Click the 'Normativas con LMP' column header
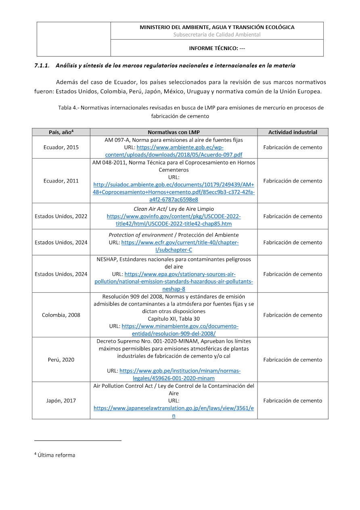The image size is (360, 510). pyautogui.click(x=174, y=132)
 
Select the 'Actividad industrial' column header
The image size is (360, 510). pyautogui.click(x=293, y=132)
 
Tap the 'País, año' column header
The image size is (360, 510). pyautogui.click(x=61, y=132)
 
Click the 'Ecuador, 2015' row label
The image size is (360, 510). pyautogui.click(x=61, y=147)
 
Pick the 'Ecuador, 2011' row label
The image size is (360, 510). pyautogui.click(x=61, y=181)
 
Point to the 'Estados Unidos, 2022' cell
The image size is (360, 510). pyautogui.click(x=61, y=216)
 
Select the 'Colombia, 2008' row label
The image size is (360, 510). pyautogui.click(x=61, y=315)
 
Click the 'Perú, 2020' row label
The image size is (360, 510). pyautogui.click(x=61, y=360)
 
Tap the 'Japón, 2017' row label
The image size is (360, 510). pyautogui.click(x=61, y=401)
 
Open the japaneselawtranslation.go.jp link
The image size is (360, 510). pyautogui.click(x=174, y=408)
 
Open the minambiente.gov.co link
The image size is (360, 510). pyautogui.click(x=180, y=326)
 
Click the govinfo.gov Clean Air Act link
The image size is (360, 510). pyautogui.click(x=174, y=216)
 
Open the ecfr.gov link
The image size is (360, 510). pyautogui.click(x=180, y=243)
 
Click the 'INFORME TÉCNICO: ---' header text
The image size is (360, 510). pyautogui.click(x=217, y=48)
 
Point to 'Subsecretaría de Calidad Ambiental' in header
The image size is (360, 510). pyautogui.click(x=217, y=35)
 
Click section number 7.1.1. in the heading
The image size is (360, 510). pyautogui.click(x=42, y=65)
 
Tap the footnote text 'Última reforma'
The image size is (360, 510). pyautogui.click(x=56, y=455)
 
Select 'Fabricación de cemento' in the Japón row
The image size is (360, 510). pyautogui.click(x=293, y=401)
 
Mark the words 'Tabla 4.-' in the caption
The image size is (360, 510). pyautogui.click(x=69, y=108)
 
